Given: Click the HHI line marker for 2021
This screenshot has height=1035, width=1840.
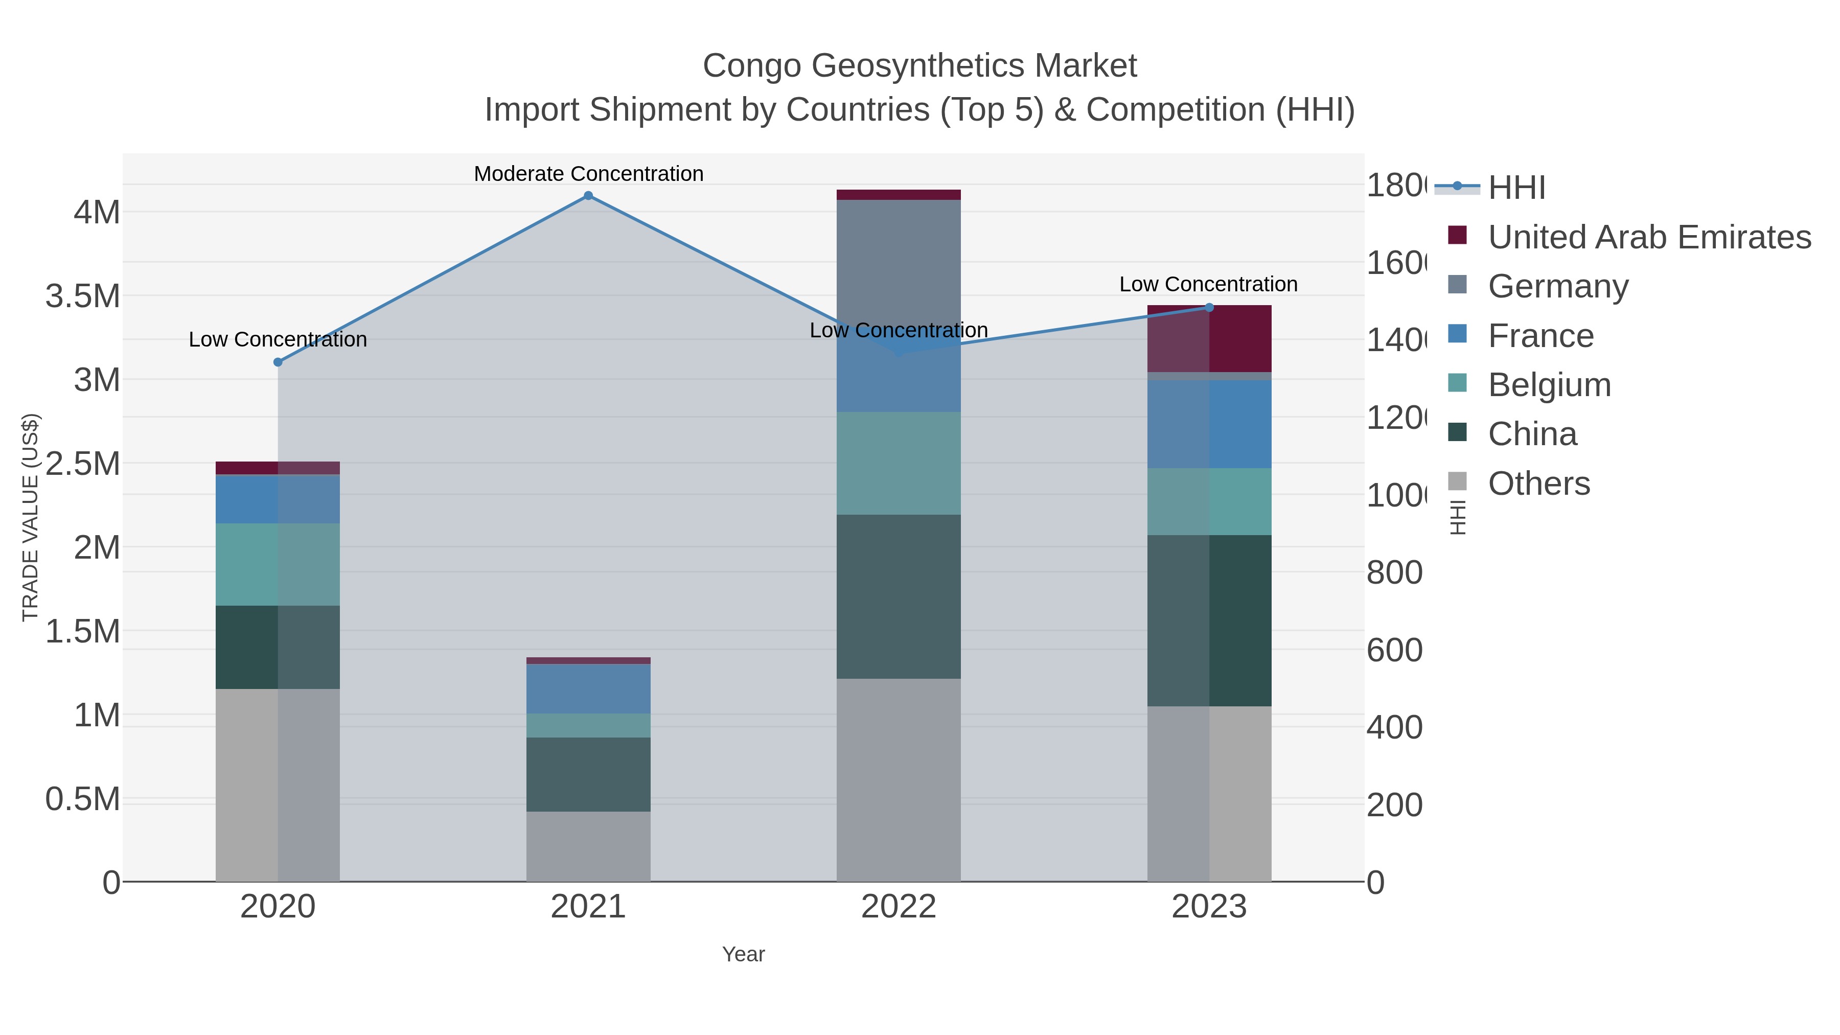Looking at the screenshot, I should click(x=588, y=196).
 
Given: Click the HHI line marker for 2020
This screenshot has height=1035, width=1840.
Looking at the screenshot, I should click(x=278, y=362).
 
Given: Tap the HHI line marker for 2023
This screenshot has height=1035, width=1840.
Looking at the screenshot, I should click(x=1209, y=308).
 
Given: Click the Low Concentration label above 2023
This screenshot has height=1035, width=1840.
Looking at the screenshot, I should click(x=1208, y=284).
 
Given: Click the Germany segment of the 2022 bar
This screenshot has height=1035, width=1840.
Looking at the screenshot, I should click(x=899, y=264).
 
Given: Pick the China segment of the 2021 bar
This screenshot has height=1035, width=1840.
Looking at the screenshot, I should click(x=588, y=774).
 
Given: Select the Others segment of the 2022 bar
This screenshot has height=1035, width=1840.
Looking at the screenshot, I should click(x=899, y=780).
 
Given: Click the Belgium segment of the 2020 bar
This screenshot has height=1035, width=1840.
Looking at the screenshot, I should click(x=278, y=564).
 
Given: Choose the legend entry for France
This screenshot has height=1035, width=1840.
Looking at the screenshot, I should click(x=1540, y=336).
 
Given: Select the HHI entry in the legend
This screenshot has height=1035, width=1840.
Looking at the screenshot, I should click(x=1516, y=188).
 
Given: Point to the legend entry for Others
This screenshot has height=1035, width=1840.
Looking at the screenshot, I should click(x=1538, y=484).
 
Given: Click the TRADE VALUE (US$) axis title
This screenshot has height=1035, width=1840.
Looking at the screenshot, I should click(x=30, y=517).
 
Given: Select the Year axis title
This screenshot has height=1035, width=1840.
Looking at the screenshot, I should click(x=743, y=954).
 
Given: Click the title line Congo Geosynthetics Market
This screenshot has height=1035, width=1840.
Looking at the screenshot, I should click(x=919, y=66).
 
